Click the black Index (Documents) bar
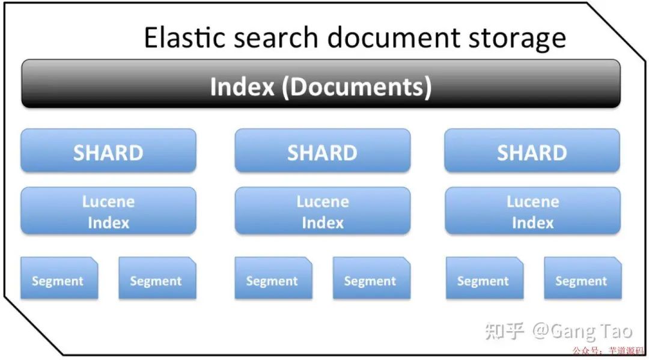point(321,85)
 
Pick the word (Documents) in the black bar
point(356,87)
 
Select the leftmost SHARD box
point(108,151)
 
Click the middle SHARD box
point(322,151)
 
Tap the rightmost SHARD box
point(532,151)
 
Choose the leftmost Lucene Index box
point(108,211)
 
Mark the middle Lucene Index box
point(322,211)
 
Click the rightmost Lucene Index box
point(532,211)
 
